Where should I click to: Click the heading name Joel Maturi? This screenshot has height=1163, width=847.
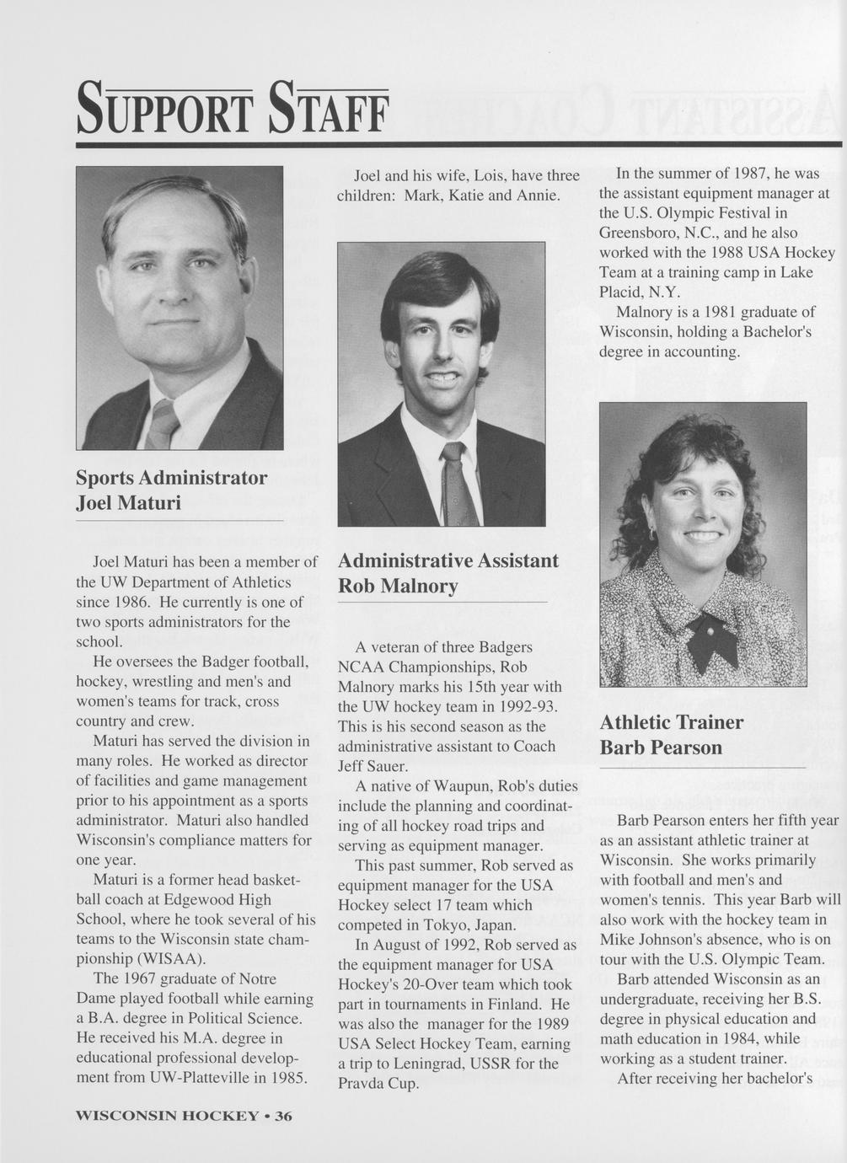click(x=128, y=503)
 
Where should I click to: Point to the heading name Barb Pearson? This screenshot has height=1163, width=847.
click(x=661, y=748)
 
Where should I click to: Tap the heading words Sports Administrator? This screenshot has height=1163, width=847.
click(x=171, y=478)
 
